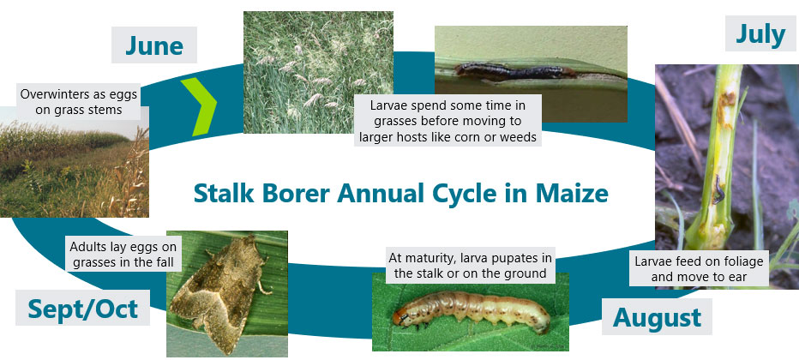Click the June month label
click(154, 45)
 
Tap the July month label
click(760, 34)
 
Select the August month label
click(657, 317)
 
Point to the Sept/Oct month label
click(82, 308)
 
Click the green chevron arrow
click(199, 107)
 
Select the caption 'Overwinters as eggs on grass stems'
click(79, 102)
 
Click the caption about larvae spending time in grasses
click(448, 121)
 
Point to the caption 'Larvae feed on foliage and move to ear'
click(699, 269)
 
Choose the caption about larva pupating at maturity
click(470, 266)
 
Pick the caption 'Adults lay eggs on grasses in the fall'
click(123, 255)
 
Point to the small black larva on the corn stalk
click(718, 190)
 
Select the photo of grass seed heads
click(318, 72)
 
